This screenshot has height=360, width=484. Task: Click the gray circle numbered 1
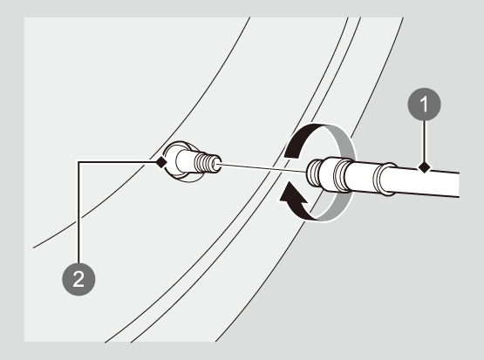(x=424, y=105)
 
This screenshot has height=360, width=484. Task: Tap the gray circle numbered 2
(x=78, y=279)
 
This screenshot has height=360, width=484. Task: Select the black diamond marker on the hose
(x=424, y=168)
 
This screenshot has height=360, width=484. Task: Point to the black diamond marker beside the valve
(x=160, y=162)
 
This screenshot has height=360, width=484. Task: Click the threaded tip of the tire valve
(x=208, y=163)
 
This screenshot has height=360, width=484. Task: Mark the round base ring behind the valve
(x=181, y=161)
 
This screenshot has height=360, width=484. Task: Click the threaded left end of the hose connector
(x=313, y=173)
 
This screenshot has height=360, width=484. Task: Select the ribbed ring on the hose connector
(x=343, y=176)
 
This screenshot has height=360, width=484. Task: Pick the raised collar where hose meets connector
(x=385, y=180)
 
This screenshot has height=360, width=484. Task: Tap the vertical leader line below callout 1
(x=424, y=141)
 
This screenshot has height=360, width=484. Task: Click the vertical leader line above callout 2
(x=78, y=213)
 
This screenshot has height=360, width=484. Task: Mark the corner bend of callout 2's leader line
(x=78, y=161)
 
